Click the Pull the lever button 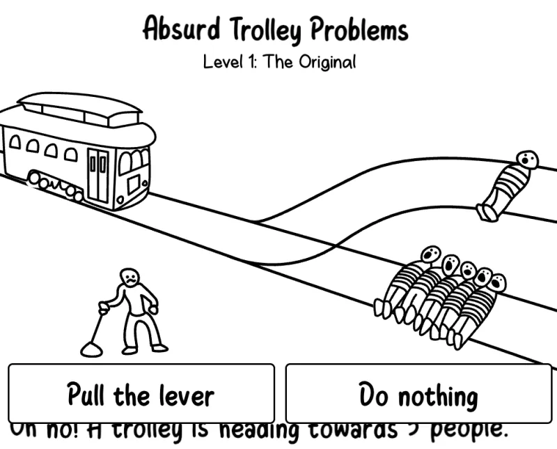[x=141, y=395]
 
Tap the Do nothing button [x=418, y=395]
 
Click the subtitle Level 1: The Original [x=279, y=62]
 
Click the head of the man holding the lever [x=129, y=277]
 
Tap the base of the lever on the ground [x=91, y=348]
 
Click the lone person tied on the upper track [x=507, y=186]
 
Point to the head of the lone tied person [x=528, y=160]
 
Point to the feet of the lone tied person [x=488, y=212]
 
